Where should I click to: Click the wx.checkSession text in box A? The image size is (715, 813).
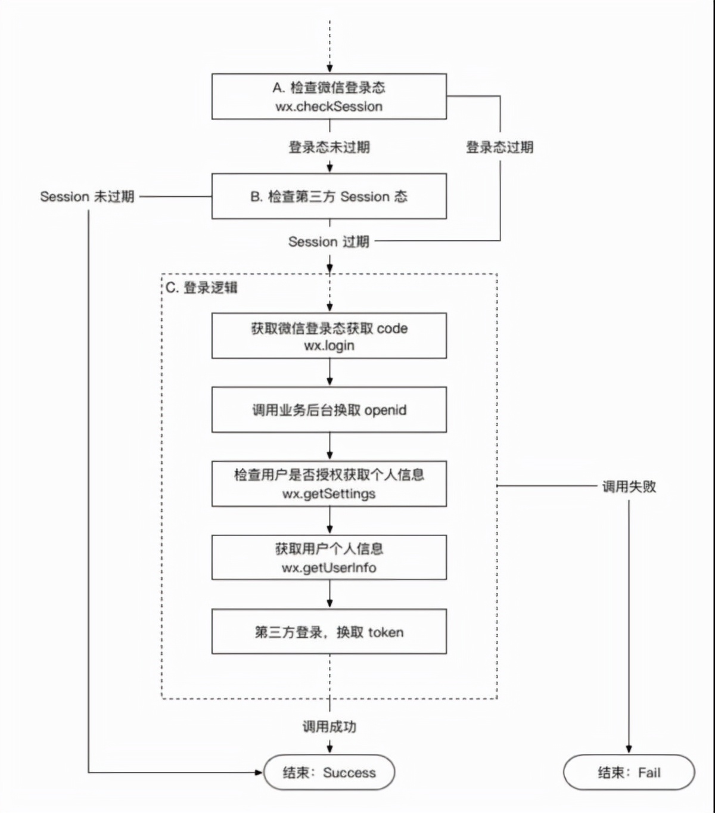click(329, 107)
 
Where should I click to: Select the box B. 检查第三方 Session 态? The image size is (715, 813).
click(329, 196)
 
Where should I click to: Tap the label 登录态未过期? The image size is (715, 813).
click(329, 147)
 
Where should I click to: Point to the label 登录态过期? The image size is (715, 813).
click(499, 147)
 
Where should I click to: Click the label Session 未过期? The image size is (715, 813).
click(87, 196)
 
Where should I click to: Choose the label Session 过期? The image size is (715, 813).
click(329, 241)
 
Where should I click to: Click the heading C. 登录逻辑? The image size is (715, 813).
click(201, 288)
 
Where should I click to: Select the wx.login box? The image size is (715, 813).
click(329, 336)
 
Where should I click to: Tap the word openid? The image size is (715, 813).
click(385, 410)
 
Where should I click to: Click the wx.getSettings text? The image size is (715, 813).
click(329, 494)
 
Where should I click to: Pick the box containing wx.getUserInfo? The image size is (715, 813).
click(329, 557)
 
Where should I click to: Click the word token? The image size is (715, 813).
click(386, 632)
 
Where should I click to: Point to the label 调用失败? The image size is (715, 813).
click(629, 486)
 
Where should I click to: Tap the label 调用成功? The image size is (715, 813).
click(329, 726)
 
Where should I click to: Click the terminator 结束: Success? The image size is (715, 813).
click(329, 772)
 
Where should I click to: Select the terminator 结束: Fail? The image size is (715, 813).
click(629, 772)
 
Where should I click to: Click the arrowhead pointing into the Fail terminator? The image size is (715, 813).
click(629, 749)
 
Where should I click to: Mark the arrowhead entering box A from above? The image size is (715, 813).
click(329, 69)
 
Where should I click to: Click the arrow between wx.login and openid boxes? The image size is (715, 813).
click(329, 373)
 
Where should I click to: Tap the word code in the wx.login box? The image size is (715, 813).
click(392, 328)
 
